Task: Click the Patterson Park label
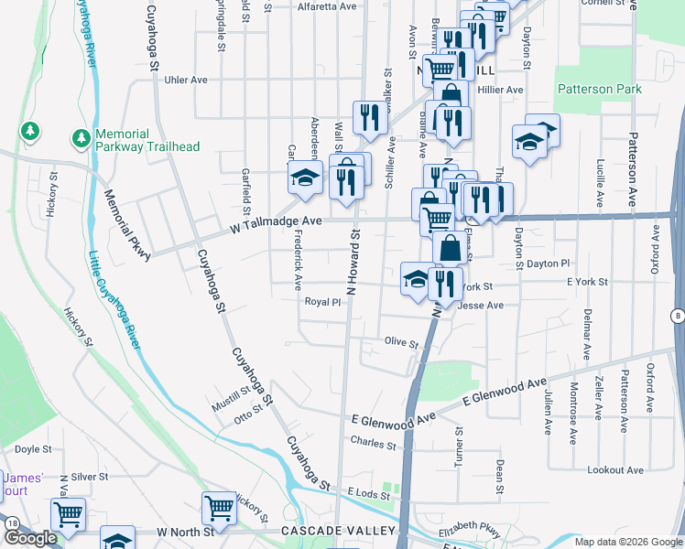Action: click(x=600, y=90)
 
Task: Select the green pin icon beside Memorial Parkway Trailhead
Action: click(x=81, y=139)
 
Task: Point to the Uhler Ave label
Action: click(x=186, y=80)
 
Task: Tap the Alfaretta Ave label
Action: click(x=327, y=6)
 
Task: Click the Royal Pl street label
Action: click(x=322, y=301)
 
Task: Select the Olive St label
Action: click(x=401, y=344)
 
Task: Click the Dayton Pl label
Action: click(x=549, y=263)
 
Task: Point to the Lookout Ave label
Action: click(x=615, y=469)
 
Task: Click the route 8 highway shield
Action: click(x=676, y=317)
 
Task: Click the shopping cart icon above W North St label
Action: click(x=219, y=507)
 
